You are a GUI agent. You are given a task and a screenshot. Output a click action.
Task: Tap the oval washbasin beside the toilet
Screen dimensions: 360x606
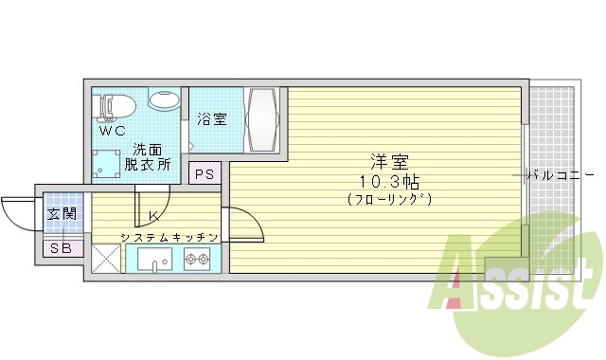coord(164,99)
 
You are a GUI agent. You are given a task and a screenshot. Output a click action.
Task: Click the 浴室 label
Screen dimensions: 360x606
coord(212,119)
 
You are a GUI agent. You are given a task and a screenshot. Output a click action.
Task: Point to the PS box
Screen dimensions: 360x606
coord(205,173)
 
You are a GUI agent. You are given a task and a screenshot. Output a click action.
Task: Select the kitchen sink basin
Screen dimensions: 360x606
coord(151,259)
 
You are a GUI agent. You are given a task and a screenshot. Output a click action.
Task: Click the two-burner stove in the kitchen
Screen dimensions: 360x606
coord(197,259)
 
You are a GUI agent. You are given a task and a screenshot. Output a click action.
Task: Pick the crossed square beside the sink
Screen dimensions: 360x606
coord(106,259)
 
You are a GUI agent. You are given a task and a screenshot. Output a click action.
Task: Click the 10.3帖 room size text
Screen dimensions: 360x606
coord(389,180)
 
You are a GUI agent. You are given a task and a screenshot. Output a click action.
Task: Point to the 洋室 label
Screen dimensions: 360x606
coord(389,161)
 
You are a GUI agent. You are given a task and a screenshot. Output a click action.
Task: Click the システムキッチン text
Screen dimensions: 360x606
coord(169,236)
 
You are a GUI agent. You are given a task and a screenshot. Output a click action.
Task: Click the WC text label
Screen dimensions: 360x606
coord(113,132)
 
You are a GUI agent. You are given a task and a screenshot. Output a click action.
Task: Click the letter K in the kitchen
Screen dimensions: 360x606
coord(152,216)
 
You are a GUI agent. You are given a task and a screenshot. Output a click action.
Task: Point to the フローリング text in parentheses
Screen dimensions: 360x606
coord(389,199)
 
